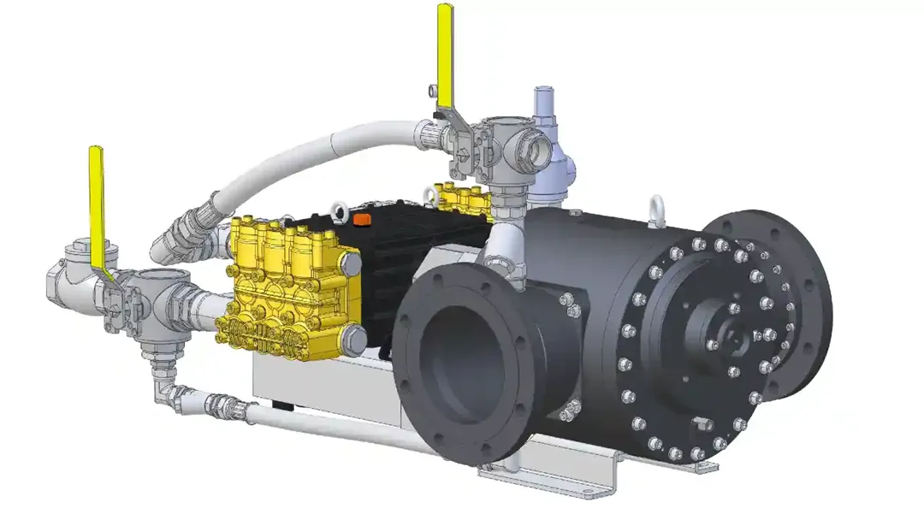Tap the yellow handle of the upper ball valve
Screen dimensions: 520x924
[445, 51]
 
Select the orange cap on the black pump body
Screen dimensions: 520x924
[362, 220]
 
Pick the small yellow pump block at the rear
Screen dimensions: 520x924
[462, 198]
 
